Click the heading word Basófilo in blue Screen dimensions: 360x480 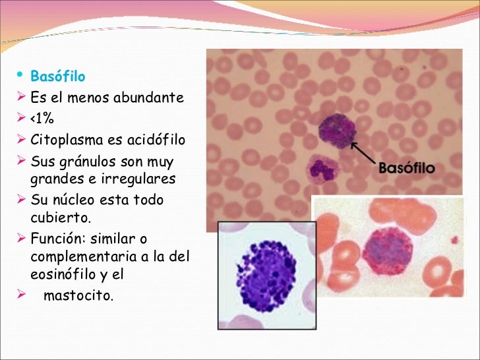[x=58, y=77]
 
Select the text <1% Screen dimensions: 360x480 [x=42, y=119]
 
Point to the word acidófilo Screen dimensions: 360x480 [x=157, y=140]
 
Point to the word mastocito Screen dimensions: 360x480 [x=78, y=295]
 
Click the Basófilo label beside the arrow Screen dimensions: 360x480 [x=406, y=168]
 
